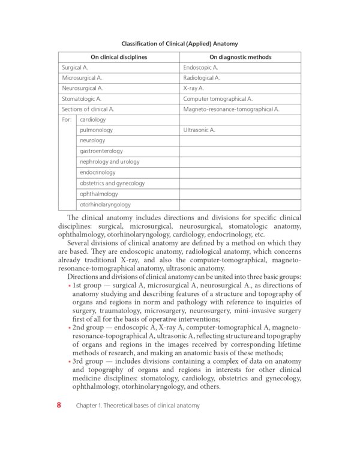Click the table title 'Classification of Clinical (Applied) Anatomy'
[179, 44]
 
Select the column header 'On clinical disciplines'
[119, 58]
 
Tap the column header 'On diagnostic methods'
[240, 58]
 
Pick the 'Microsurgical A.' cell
[82, 78]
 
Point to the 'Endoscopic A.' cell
[200, 68]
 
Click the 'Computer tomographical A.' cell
[218, 98]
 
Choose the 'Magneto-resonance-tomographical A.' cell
[231, 109]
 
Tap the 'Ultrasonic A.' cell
[199, 130]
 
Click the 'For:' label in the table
[67, 119]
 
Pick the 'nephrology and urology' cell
[109, 162]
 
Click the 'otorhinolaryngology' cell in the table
[105, 205]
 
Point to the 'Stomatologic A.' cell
[82, 98]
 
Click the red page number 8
[59, 405]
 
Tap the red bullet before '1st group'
[69, 286]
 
